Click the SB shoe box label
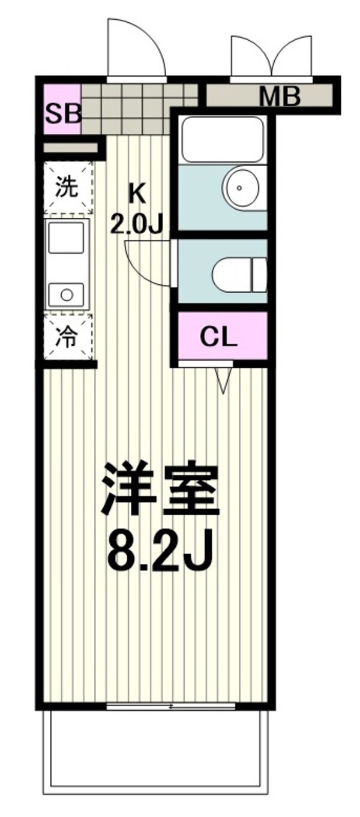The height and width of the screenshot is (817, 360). point(62,114)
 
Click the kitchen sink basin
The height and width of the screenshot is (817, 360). point(67,237)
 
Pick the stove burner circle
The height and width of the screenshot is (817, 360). point(67,295)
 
